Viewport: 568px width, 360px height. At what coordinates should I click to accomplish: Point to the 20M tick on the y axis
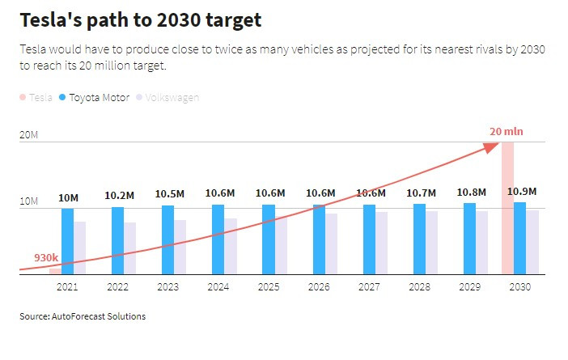(x=28, y=134)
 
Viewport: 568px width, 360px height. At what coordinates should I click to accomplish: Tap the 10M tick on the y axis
(x=28, y=201)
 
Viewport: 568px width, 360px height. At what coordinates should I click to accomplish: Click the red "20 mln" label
(x=507, y=131)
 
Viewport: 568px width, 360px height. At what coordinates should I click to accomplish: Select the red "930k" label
(x=46, y=257)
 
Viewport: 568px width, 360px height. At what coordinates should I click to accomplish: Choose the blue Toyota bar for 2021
(x=68, y=241)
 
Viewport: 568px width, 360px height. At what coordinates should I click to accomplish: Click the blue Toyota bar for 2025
(x=269, y=239)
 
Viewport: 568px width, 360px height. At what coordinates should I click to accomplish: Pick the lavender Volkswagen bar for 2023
(x=180, y=247)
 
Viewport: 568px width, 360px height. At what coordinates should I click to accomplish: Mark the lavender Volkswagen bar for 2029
(x=481, y=243)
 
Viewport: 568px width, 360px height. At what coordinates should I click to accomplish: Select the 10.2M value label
(x=119, y=195)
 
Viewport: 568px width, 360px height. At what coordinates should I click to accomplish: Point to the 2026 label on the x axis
(x=319, y=287)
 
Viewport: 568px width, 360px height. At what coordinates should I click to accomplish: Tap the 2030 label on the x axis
(x=520, y=287)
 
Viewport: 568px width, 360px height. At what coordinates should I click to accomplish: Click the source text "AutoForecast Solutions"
(x=98, y=316)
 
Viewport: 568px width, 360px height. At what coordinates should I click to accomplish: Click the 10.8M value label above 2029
(x=471, y=193)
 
